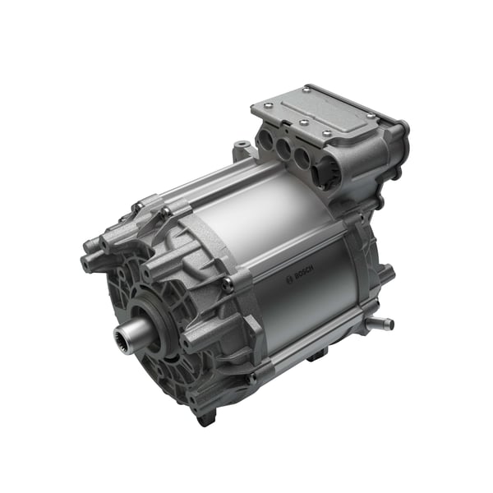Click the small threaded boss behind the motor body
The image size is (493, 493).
coord(240,150)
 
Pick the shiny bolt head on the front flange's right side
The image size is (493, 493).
coord(228,284)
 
